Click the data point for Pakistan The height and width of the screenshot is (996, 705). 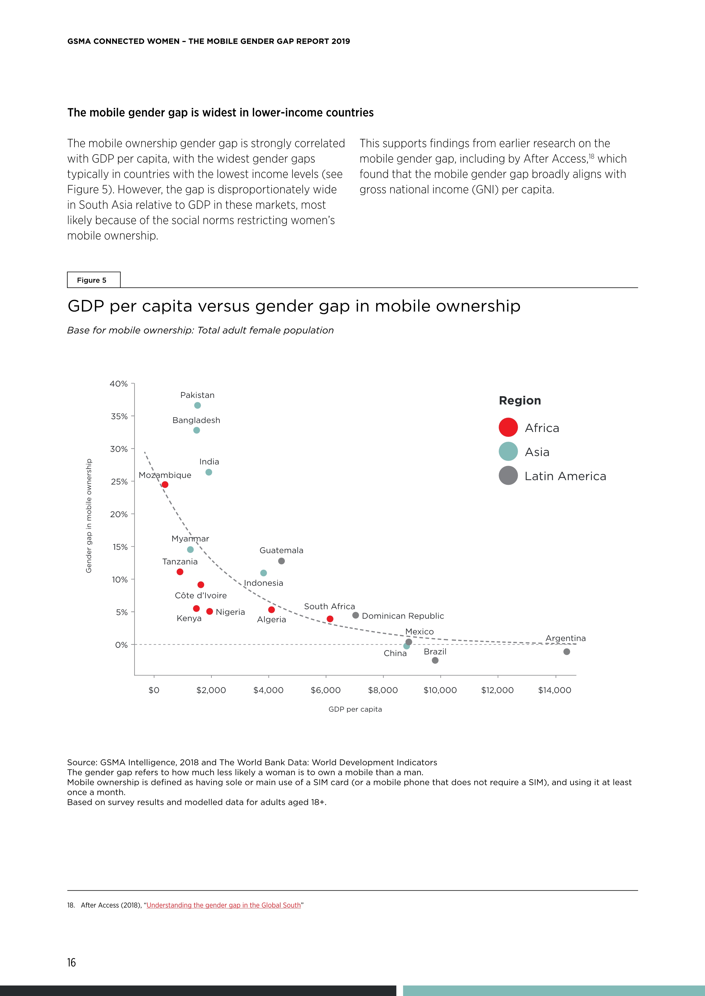[x=198, y=405]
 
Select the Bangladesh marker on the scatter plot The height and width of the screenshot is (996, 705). [x=197, y=430]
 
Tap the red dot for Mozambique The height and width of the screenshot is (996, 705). [x=165, y=485]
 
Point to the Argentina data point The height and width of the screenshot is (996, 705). [x=567, y=652]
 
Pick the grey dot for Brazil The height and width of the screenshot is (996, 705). [x=435, y=660]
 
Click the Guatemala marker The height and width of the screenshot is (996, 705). [x=281, y=561]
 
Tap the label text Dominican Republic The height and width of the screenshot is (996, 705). [x=403, y=616]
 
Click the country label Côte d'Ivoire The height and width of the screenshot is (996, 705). [x=201, y=596]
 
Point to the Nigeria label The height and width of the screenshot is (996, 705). [x=230, y=612]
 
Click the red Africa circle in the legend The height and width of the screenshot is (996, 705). [x=508, y=427]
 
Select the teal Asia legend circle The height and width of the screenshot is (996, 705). [x=508, y=452]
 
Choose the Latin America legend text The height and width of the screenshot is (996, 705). [x=565, y=476]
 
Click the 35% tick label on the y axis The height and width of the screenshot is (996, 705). [x=119, y=416]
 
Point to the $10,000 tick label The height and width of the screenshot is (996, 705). [x=440, y=690]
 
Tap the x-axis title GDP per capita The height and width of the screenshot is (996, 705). [x=355, y=709]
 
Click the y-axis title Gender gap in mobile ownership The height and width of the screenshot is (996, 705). [x=89, y=516]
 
